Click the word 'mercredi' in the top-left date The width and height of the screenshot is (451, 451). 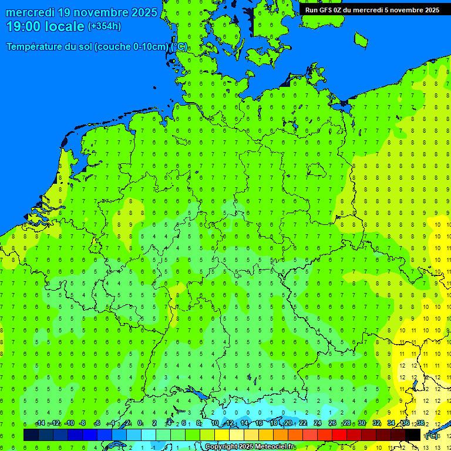(x=30, y=12)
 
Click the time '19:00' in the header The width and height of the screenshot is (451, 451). (x=24, y=26)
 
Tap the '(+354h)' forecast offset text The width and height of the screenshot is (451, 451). (x=105, y=26)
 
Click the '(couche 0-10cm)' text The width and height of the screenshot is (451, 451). (x=132, y=47)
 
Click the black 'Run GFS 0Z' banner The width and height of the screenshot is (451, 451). (x=372, y=9)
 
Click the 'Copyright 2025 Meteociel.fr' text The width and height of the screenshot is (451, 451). (x=250, y=447)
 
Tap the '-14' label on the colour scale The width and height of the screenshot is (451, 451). (x=40, y=423)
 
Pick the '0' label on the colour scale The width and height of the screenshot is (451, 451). (x=140, y=423)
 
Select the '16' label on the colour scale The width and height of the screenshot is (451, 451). (x=258, y=423)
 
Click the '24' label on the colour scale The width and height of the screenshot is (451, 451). (x=318, y=423)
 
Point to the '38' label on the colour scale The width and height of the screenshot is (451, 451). (x=420, y=423)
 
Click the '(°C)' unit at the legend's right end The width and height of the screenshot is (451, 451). (x=432, y=436)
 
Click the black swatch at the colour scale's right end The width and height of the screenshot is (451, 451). (x=413, y=435)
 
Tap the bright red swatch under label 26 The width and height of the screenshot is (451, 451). (x=339, y=435)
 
